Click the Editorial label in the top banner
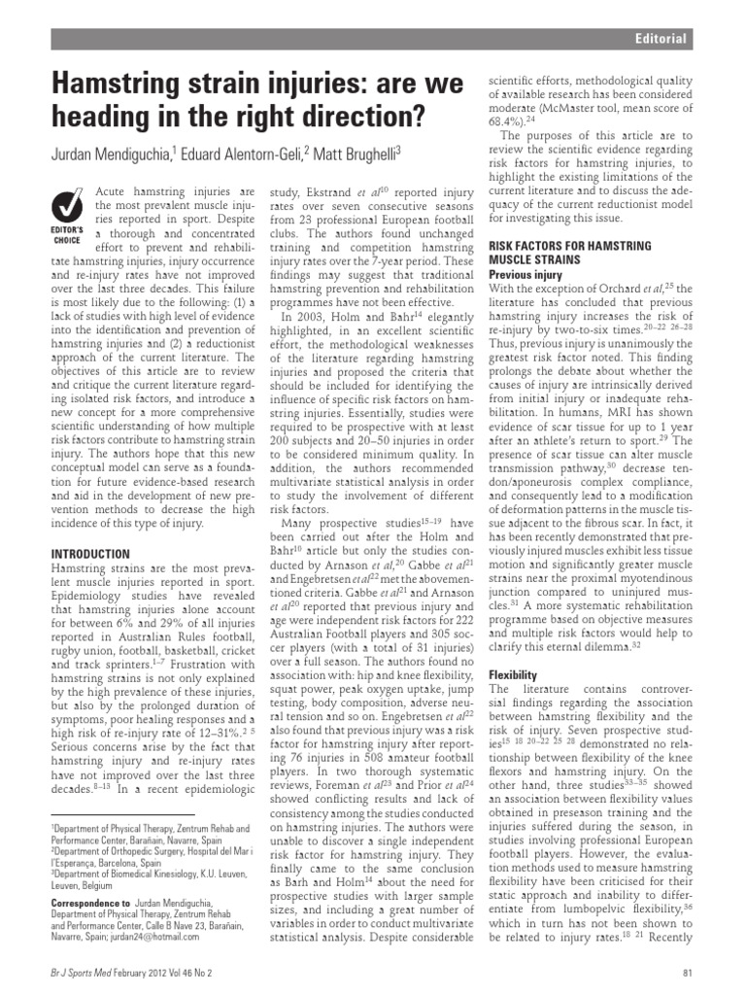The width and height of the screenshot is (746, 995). click(660, 39)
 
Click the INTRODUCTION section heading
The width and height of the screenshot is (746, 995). click(89, 553)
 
